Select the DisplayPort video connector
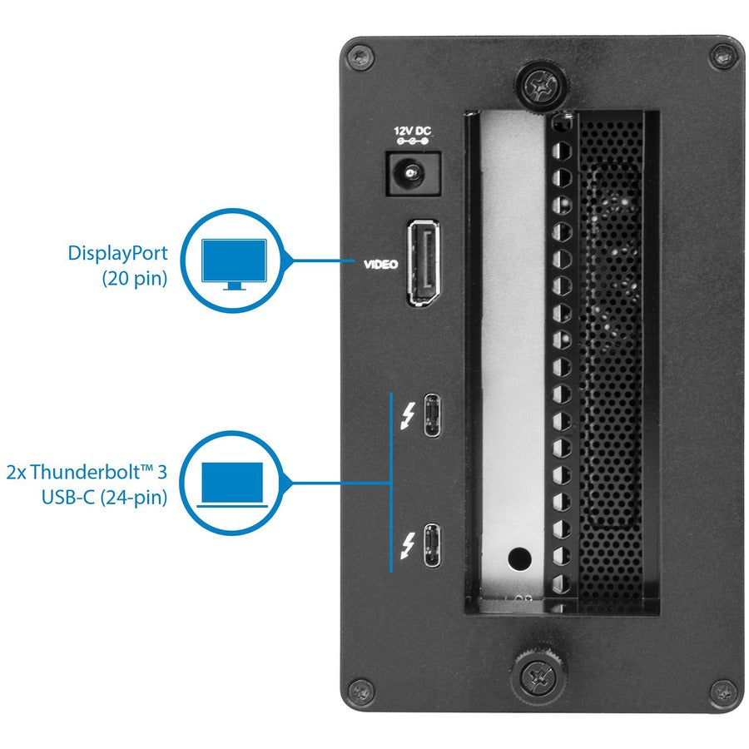[423, 263]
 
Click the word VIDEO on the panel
[380, 265]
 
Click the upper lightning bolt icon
[407, 414]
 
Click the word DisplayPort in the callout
[117, 254]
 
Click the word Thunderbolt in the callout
[91, 473]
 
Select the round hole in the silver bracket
[519, 556]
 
